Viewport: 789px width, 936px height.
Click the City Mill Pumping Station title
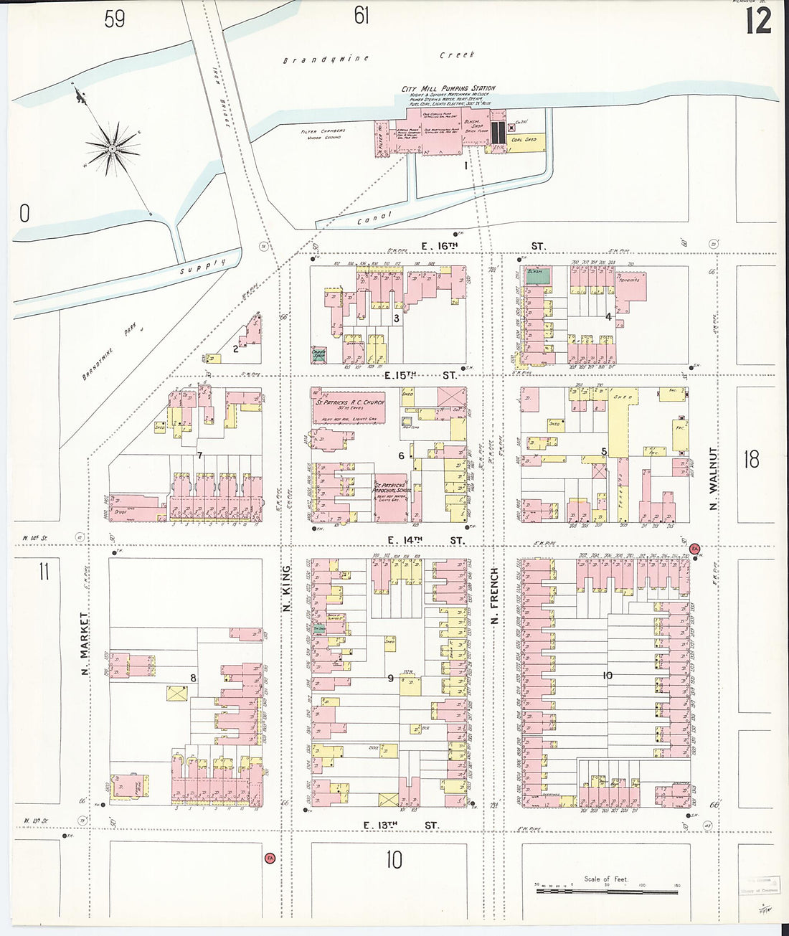click(448, 88)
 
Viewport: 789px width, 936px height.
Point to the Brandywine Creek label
click(378, 57)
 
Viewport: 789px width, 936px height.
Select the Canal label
click(374, 217)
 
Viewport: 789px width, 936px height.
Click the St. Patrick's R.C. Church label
click(350, 402)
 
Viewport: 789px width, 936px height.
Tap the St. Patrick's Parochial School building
click(390, 491)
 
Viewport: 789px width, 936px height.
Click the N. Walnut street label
click(713, 479)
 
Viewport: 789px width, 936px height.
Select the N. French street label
click(494, 595)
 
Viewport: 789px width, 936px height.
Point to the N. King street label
click(285, 589)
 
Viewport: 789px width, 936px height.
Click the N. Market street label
click(85, 643)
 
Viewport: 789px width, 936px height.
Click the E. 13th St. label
click(400, 826)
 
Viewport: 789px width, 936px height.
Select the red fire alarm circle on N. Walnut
click(694, 549)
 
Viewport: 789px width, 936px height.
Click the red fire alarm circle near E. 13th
click(270, 858)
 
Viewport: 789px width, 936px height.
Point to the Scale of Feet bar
click(607, 891)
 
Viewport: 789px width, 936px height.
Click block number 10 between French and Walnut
click(607, 675)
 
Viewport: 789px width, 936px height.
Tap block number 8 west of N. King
click(192, 678)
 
